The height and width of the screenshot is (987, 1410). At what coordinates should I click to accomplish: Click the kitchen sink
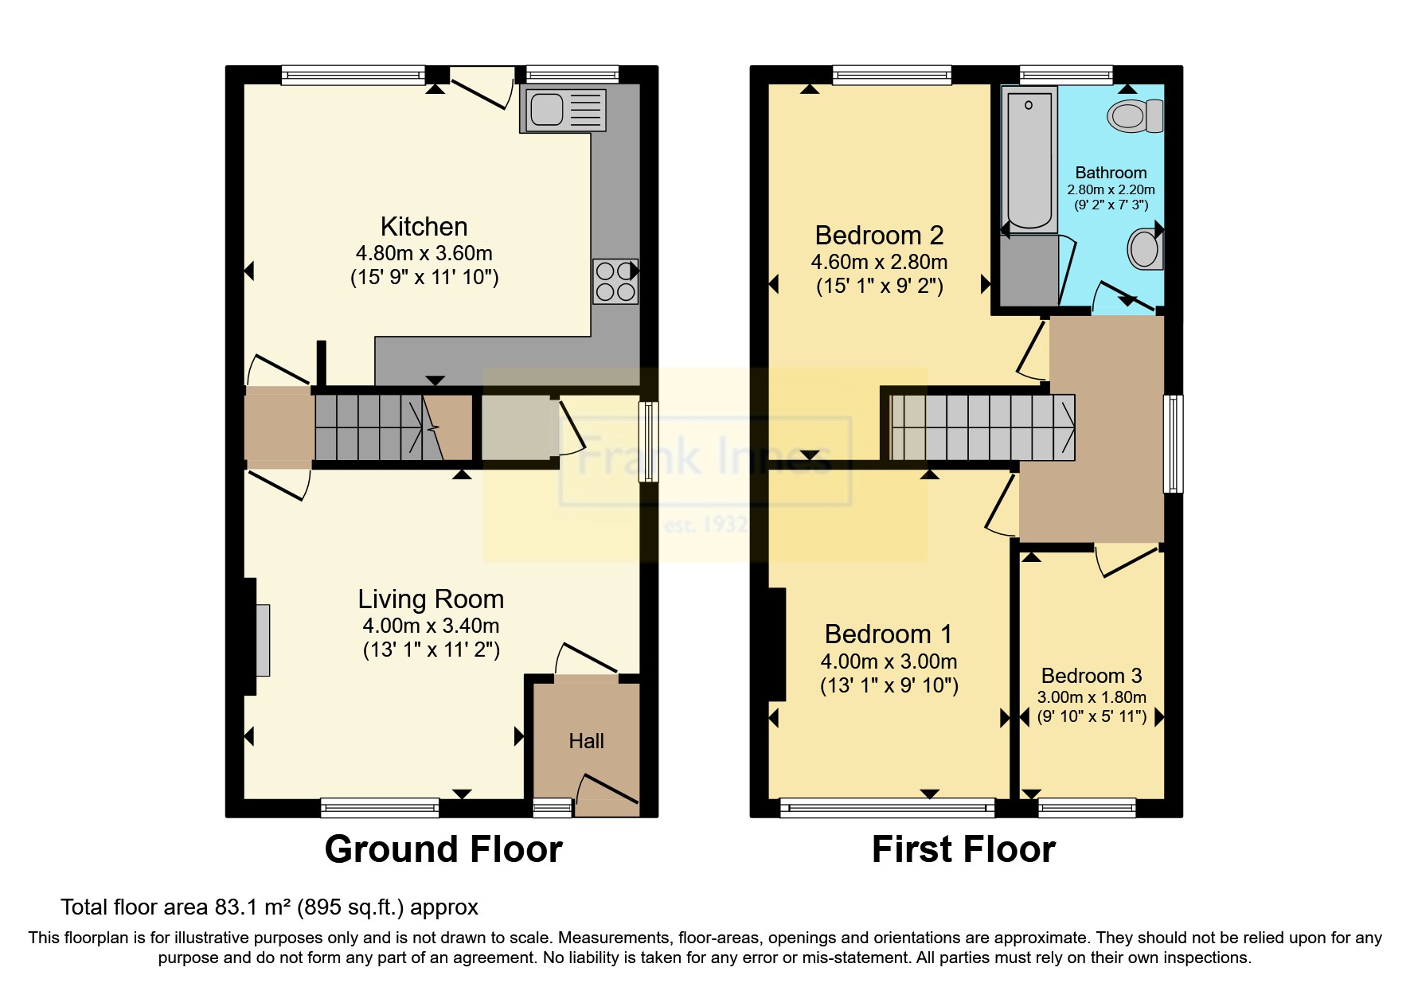pyautogui.click(x=562, y=110)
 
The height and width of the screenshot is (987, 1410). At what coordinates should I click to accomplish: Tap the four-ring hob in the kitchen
pyautogui.click(x=615, y=281)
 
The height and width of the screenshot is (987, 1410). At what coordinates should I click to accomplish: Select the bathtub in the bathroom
pyautogui.click(x=1029, y=159)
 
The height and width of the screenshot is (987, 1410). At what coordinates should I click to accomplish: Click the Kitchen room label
pyautogui.click(x=424, y=227)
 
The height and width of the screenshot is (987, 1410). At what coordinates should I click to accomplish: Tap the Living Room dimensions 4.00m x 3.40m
pyautogui.click(x=431, y=626)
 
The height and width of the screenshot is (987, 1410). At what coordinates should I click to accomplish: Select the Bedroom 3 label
pyautogui.click(x=1091, y=676)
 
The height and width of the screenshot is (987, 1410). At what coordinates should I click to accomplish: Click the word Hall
pyautogui.click(x=586, y=741)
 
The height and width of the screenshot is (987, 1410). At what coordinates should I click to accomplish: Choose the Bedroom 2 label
pyautogui.click(x=879, y=236)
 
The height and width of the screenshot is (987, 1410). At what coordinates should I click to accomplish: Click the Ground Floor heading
pyautogui.click(x=443, y=849)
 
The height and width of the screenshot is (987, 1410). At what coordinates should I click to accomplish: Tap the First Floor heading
pyautogui.click(x=963, y=849)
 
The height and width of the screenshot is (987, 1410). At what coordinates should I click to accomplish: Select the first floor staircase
pyautogui.click(x=981, y=428)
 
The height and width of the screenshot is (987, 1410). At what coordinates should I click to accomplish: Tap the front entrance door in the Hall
pyautogui.click(x=607, y=790)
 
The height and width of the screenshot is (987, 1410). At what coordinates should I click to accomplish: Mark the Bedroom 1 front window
pyautogui.click(x=887, y=808)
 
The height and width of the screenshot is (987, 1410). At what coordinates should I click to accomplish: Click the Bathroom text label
pyautogui.click(x=1111, y=173)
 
